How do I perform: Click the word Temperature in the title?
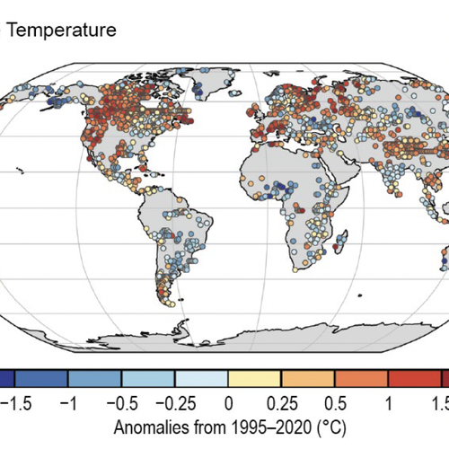point(62,31)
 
